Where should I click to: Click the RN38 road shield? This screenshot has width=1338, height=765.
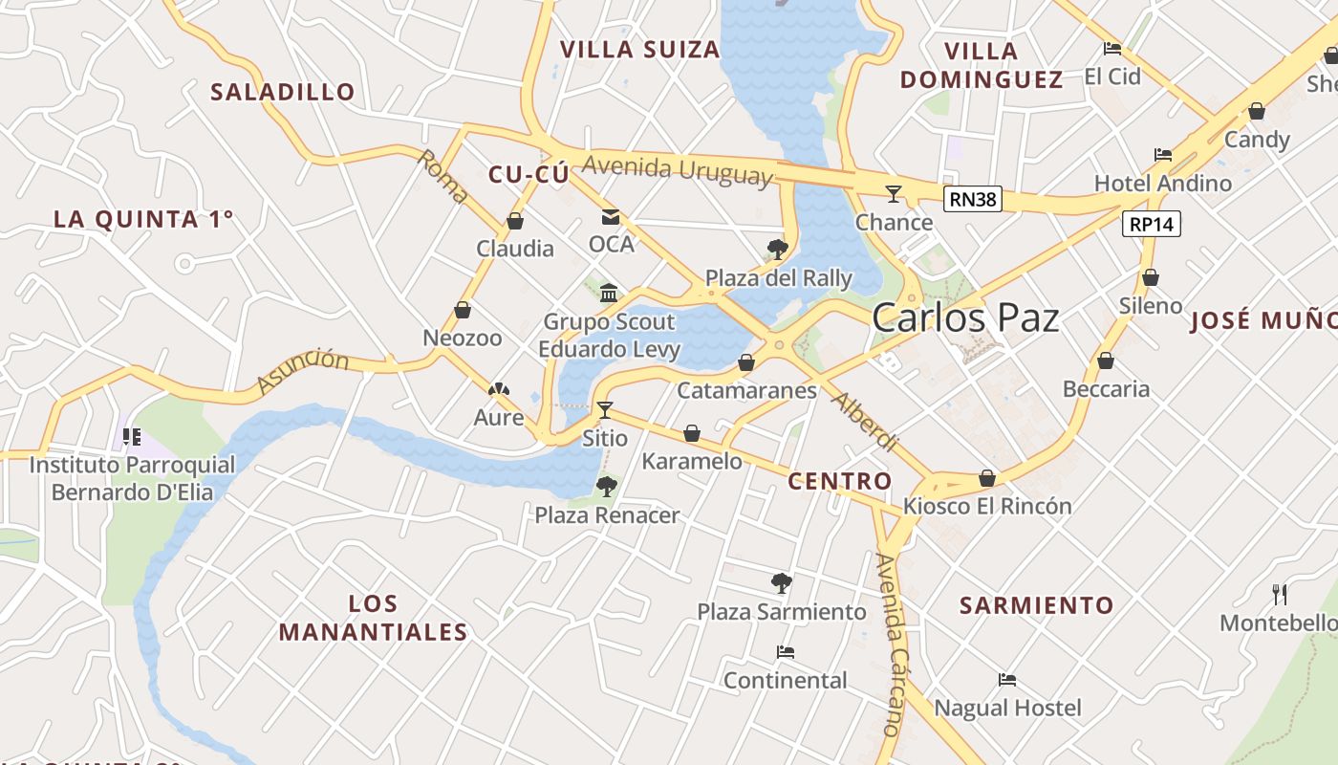pos(972,199)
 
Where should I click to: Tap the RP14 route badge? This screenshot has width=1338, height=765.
pos(1151,224)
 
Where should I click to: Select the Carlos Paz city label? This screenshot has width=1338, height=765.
pos(965,317)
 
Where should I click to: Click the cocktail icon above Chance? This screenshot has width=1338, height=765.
pos(894,194)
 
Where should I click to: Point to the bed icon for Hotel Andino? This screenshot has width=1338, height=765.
pos(1162,154)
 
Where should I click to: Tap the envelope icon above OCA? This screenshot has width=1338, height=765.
pos(611,217)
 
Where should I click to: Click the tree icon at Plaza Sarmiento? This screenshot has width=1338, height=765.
pos(781,582)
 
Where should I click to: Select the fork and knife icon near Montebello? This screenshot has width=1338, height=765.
pos(1280,595)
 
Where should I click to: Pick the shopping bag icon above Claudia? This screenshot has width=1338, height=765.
pos(515,221)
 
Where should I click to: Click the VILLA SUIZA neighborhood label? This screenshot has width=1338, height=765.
pos(639,50)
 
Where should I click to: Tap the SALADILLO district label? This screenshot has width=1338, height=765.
pos(283,92)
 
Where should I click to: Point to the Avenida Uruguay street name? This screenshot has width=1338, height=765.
pos(676,169)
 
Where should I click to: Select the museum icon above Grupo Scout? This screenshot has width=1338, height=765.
pos(609,293)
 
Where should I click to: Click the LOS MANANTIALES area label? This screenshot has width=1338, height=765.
pos(373,618)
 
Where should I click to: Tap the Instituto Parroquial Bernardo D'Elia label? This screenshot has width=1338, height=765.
pos(132,478)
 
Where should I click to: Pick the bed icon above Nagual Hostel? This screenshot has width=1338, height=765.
pos(1006,680)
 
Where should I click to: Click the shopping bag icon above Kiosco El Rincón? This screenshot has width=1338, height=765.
pos(987,477)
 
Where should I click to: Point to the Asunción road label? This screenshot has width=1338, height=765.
pos(303,371)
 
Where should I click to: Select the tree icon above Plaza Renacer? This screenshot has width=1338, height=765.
pos(606,487)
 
